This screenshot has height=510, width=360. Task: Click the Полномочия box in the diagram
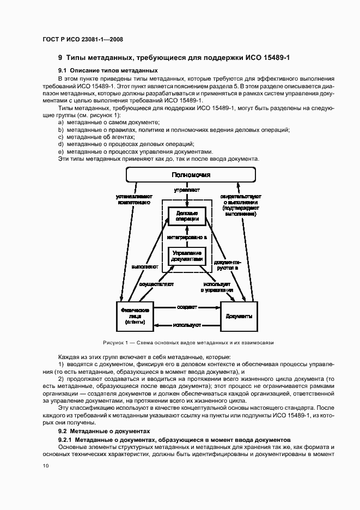191,174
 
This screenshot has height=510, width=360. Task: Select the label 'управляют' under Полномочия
186,191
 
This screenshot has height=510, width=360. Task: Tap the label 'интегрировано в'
187,238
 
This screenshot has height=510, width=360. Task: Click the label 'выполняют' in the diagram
144,267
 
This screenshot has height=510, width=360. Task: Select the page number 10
45,465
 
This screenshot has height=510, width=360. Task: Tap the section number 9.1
62,70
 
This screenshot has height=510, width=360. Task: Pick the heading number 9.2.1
65,439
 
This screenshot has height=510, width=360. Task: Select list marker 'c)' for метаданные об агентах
60,137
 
